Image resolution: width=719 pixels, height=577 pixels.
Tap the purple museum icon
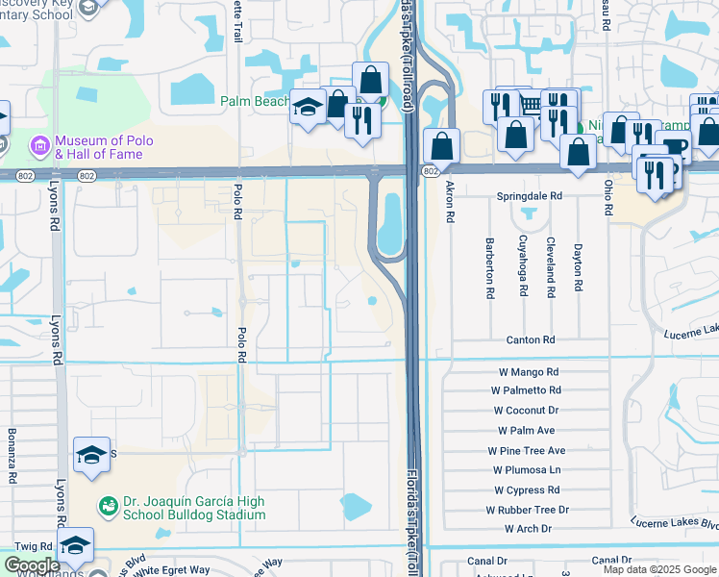[x=39, y=146]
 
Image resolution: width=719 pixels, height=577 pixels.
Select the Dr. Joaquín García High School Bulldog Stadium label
[x=194, y=507]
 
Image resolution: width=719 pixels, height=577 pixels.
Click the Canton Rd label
[x=531, y=340]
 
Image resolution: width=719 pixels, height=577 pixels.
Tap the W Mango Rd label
[x=527, y=372]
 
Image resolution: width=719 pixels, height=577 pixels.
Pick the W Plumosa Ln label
[x=527, y=470]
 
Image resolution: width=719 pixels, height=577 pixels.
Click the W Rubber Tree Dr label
[x=527, y=510]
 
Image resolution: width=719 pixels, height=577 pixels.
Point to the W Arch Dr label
[x=527, y=529]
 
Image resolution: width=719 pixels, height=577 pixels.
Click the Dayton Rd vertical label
[x=578, y=267]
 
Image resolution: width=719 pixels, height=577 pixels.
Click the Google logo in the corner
[x=32, y=565]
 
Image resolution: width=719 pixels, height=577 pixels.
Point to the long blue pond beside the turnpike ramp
[x=389, y=225]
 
